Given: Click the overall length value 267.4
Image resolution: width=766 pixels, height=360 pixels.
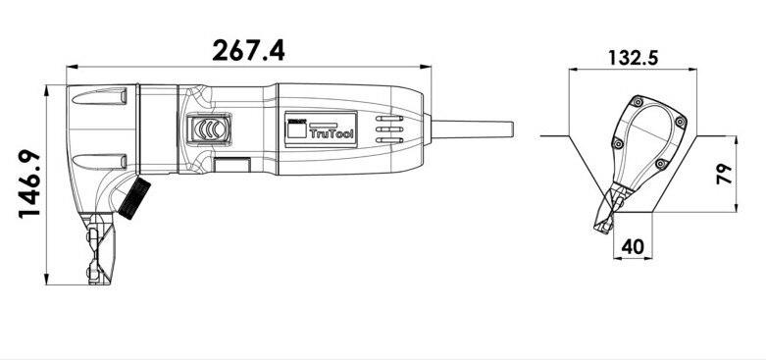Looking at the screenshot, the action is (248, 50).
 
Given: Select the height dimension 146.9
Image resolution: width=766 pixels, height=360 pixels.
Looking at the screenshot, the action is (29, 183).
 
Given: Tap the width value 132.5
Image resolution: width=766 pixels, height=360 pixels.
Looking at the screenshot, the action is (634, 58).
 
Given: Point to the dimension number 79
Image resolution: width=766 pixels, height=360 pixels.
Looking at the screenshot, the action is (724, 174).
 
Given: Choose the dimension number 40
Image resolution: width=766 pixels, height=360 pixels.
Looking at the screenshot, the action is (633, 246).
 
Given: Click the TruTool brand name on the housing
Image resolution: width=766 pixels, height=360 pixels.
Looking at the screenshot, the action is (331, 133).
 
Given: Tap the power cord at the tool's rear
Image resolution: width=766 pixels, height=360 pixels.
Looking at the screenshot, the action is (472, 129).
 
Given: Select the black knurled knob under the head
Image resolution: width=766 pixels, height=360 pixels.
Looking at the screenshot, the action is (134, 198).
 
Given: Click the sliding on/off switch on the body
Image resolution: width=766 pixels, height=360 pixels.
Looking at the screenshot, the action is (210, 129).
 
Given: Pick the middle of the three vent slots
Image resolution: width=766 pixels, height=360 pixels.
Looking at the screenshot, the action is (389, 129).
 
